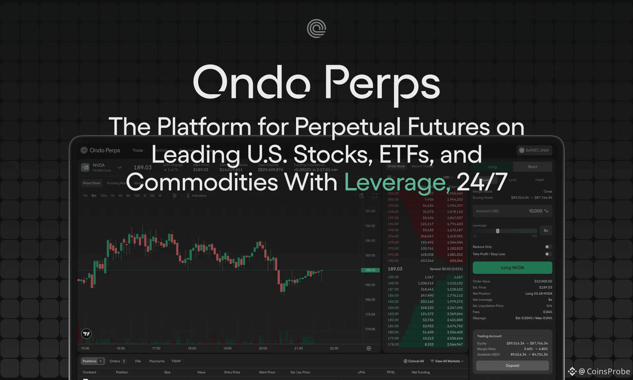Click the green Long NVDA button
(512, 268)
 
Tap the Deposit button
(512, 365)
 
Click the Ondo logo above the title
(316, 28)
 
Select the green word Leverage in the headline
(395, 182)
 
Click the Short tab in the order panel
(532, 167)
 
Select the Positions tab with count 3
(92, 361)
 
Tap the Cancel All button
(414, 361)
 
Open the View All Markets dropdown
(447, 361)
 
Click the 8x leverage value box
(546, 231)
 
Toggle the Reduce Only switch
(548, 247)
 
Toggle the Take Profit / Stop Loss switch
(548, 254)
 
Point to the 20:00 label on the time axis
(263, 348)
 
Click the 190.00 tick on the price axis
(370, 241)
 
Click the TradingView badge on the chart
(86, 334)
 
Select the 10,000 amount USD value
(535, 211)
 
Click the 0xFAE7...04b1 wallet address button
(534, 150)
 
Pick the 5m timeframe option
(94, 196)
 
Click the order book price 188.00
(393, 283)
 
